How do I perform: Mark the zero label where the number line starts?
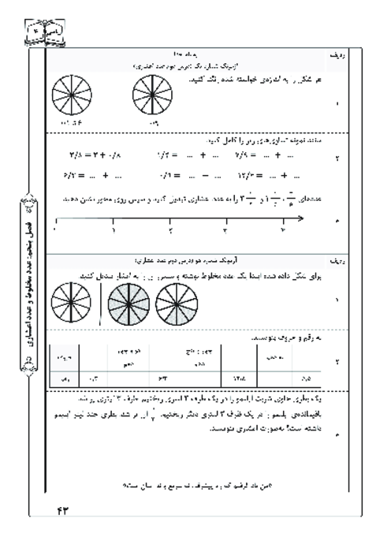pyautogui.click(x=55, y=231)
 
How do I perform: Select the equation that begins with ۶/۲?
pyautogui.click(x=99, y=175)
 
